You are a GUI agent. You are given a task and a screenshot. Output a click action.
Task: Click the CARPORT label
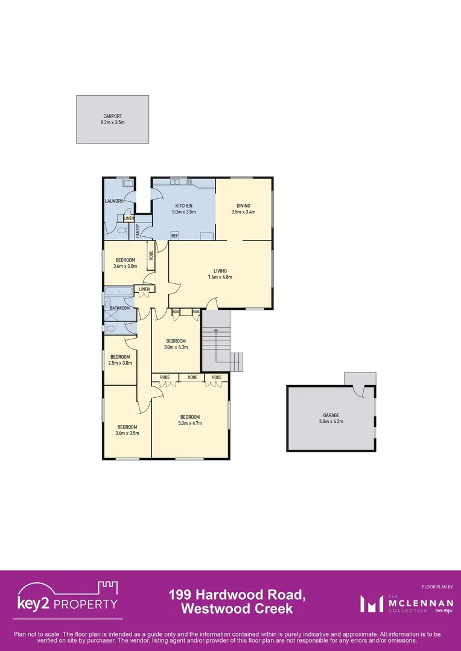click(x=112, y=116)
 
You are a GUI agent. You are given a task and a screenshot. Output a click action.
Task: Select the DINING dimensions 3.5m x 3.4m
click(x=243, y=212)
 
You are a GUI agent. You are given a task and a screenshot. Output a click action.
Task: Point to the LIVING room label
click(x=220, y=271)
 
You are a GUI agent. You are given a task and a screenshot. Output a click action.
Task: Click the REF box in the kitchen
click(x=174, y=236)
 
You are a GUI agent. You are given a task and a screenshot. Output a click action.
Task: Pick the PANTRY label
click(x=138, y=230)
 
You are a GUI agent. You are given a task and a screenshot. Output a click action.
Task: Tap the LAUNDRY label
click(x=114, y=201)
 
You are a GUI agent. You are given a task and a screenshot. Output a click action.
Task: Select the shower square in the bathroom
click(x=112, y=315)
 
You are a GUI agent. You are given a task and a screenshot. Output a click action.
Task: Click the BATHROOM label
click(x=119, y=308)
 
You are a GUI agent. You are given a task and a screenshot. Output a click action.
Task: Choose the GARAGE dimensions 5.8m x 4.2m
click(x=331, y=421)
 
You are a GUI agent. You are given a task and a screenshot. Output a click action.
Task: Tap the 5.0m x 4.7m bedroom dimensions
click(x=189, y=423)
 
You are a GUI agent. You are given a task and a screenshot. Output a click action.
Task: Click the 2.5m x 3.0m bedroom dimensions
click(x=119, y=363)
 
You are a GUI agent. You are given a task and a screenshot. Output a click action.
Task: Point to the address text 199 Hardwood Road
click(x=237, y=596)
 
